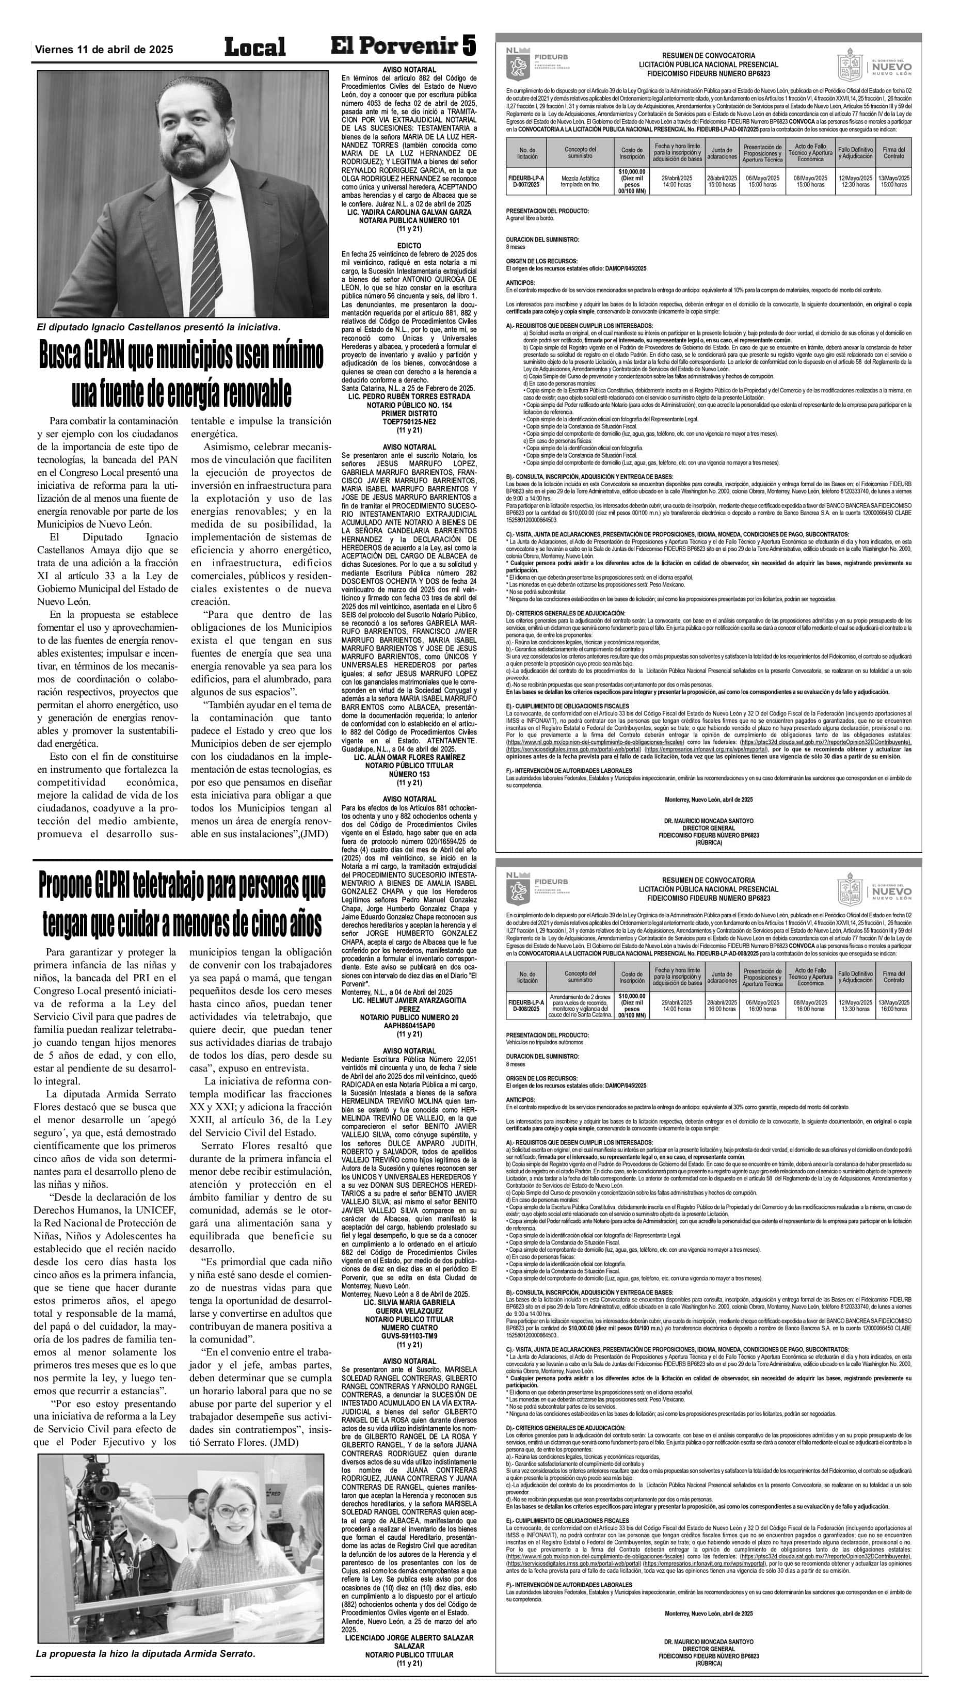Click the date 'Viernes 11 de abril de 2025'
click(104, 50)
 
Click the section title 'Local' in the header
click(255, 47)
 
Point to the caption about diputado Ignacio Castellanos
click(158, 327)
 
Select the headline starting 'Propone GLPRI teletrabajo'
click(182, 886)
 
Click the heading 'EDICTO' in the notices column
click(409, 246)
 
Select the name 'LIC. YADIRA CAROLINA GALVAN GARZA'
click(409, 212)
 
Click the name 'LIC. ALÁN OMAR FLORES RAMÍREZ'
click(409, 757)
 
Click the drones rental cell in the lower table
click(580, 1005)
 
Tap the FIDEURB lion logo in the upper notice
click(517, 65)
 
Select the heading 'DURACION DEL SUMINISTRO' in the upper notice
click(542, 239)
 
